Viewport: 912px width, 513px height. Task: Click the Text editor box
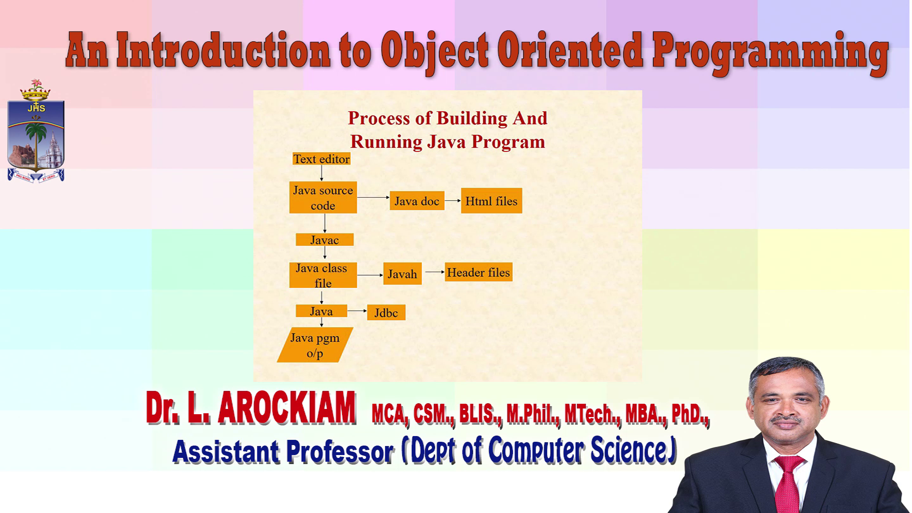coord(322,159)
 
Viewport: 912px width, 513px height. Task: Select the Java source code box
coord(323,198)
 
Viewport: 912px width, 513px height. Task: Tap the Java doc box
coord(417,201)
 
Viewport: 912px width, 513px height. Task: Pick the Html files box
coord(492,201)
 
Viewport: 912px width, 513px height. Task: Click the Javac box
coord(324,240)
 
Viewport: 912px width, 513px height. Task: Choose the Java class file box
coord(323,275)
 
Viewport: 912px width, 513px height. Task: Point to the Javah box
coord(402,274)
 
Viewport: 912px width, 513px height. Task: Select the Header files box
coord(478,272)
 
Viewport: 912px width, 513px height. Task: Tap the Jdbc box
coord(386,313)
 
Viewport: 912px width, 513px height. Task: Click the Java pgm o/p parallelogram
coord(315,345)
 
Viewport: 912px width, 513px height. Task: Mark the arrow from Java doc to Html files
coord(453,200)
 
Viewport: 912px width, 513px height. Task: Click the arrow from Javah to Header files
coord(435,272)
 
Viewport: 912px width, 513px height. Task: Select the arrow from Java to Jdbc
coord(357,311)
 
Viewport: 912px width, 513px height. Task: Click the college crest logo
coord(36,131)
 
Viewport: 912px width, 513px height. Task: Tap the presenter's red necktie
coord(788,484)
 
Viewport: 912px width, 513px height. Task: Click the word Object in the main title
coord(435,51)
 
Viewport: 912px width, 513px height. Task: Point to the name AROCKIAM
coord(287,408)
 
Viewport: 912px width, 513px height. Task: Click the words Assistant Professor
coord(284,451)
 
